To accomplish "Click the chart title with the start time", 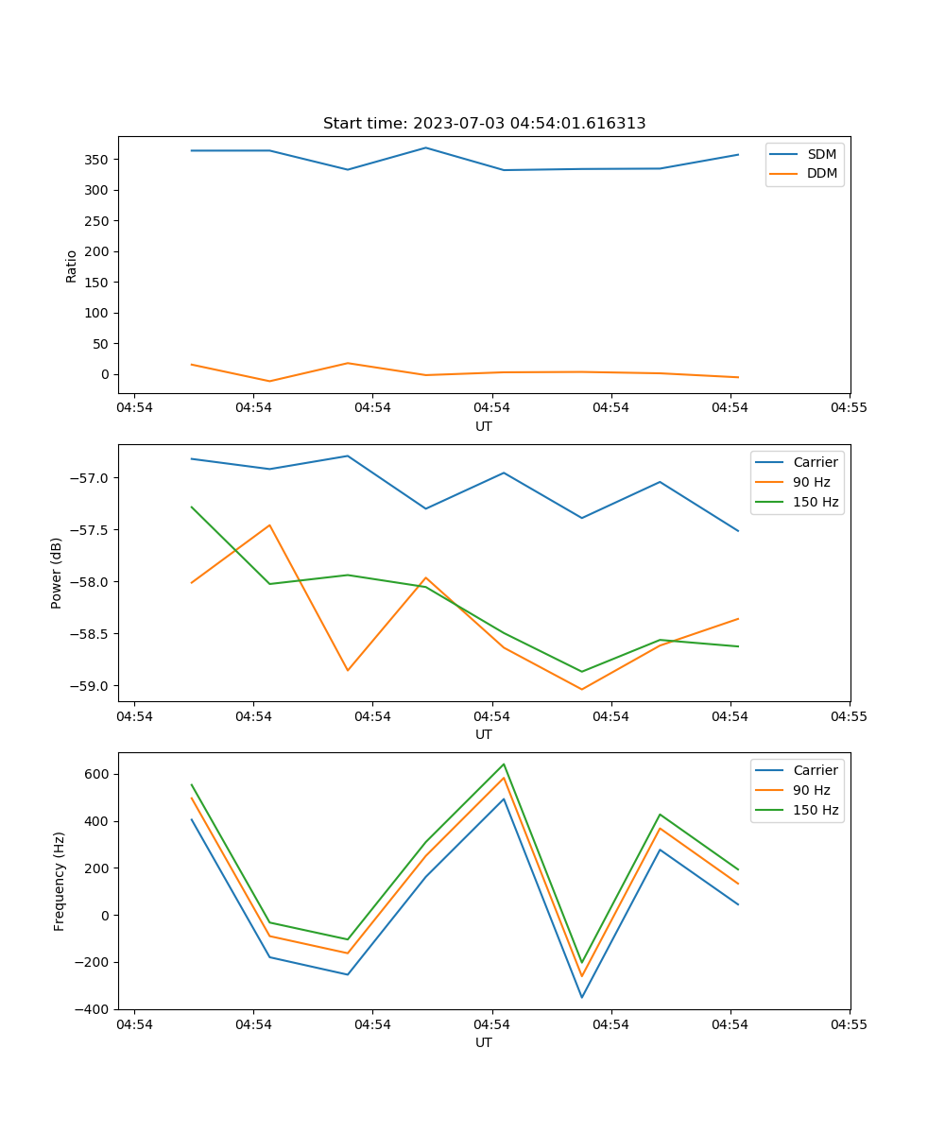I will [484, 124].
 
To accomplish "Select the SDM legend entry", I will [821, 153].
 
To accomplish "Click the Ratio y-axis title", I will [72, 266].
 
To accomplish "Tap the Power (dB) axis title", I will [57, 573].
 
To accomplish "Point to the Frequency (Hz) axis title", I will [59, 881].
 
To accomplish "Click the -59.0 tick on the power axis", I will [90, 686].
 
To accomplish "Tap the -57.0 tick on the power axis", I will [90, 478].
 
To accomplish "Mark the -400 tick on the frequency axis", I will [91, 1009].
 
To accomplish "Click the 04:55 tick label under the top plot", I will [849, 408].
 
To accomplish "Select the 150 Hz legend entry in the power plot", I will [816, 502].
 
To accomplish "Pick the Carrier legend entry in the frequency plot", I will [815, 770].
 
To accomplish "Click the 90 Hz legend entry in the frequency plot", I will [811, 790].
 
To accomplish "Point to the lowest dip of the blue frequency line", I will [582, 997].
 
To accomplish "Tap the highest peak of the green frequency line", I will [504, 765].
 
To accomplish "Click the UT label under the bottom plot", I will [484, 1042].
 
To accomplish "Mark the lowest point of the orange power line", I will [582, 689].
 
